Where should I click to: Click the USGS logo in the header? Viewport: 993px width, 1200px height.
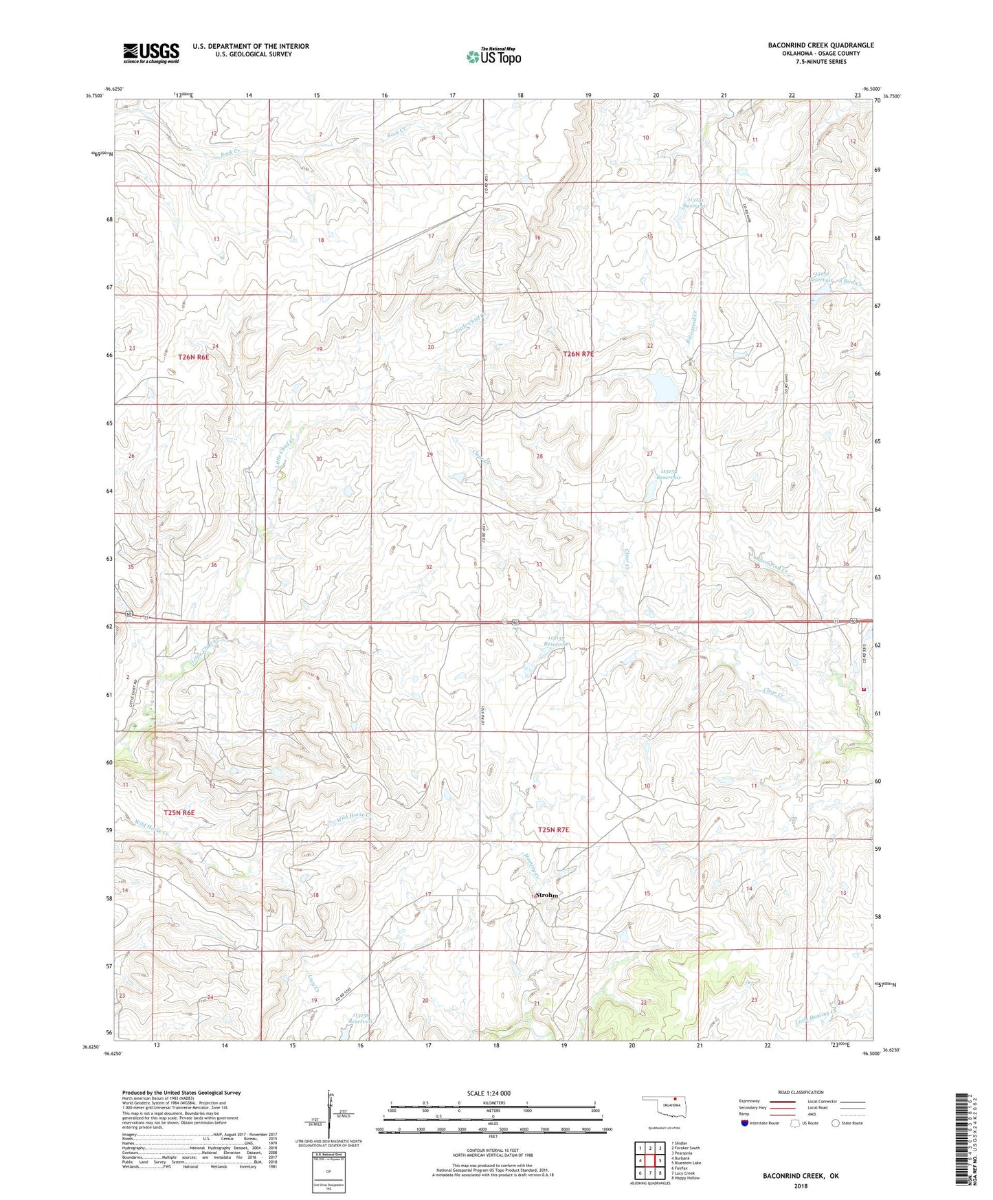[x=151, y=53]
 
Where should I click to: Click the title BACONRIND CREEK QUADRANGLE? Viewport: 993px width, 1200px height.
[x=821, y=45]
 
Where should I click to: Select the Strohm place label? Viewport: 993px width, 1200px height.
[x=546, y=895]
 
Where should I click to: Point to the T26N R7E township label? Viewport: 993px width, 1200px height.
[x=578, y=354]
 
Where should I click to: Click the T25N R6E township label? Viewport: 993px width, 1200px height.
[x=179, y=812]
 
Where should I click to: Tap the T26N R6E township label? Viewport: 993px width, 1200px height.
[x=193, y=357]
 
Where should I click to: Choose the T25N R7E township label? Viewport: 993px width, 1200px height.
[x=553, y=830]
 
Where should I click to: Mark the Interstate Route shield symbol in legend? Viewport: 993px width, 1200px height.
[x=744, y=1123]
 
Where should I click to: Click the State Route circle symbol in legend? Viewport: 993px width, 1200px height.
[x=836, y=1123]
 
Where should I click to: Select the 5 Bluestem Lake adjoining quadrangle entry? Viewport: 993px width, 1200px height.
[x=686, y=1163]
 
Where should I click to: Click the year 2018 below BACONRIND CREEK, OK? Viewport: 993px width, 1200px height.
[x=801, y=1185]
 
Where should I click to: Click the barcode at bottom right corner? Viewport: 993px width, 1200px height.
[x=963, y=1139]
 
